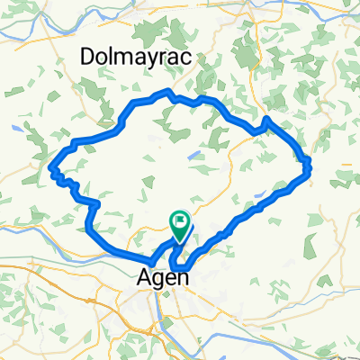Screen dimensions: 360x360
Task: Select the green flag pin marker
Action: [180, 227]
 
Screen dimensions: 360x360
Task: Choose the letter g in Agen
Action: [157, 281]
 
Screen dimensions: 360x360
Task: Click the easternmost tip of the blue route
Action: [310, 165]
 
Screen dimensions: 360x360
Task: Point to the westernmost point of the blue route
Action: [51, 166]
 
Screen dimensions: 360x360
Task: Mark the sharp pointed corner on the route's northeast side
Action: [267, 119]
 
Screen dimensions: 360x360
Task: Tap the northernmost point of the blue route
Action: [165, 91]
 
